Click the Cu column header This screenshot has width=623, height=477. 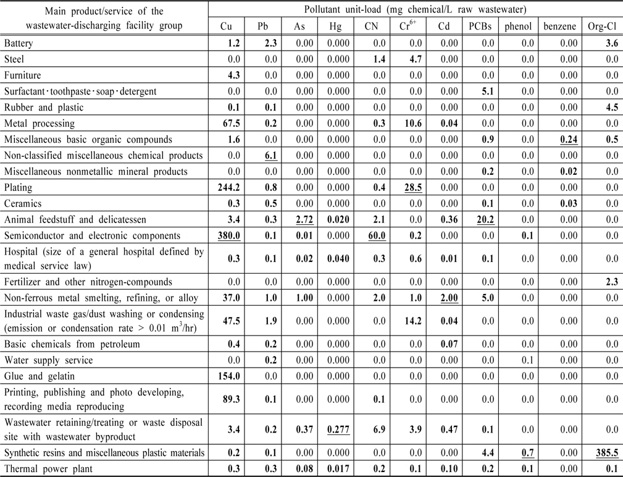point(227,27)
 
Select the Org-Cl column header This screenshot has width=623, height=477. point(603,27)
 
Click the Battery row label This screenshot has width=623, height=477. point(19,43)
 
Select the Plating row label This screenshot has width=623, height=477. point(18,187)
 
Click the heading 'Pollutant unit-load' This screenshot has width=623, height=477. point(416,9)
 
